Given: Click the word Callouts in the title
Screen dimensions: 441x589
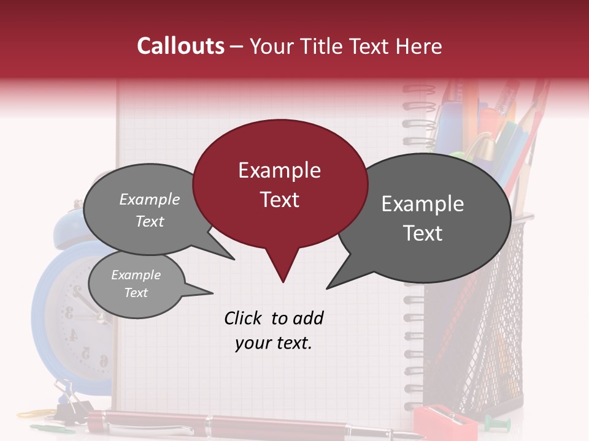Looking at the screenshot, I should (180, 46).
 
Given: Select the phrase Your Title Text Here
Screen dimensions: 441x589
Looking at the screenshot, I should (345, 47).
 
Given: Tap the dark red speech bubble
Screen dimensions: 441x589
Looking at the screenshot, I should (280, 184).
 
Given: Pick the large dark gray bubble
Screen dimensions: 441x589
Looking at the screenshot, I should (423, 218).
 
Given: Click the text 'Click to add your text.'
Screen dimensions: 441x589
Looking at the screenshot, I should (273, 330).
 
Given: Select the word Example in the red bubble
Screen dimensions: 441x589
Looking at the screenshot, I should (279, 170).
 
